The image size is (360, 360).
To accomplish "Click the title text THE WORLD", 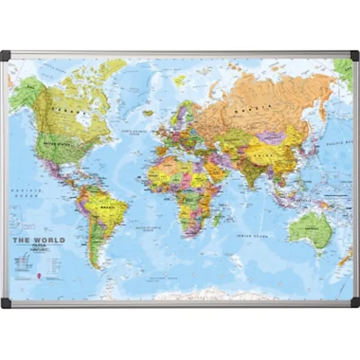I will point(38,240).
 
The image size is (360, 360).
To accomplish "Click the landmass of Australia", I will point(310,229).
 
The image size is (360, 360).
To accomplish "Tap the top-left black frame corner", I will point(6,56).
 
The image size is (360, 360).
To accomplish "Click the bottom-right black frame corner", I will point(354,303).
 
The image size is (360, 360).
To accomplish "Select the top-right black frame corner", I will point(354,56).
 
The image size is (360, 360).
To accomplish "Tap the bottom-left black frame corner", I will point(6,303).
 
